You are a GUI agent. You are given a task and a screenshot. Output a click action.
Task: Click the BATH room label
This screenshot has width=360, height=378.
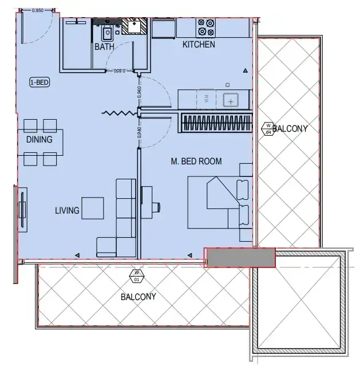[x=104, y=47]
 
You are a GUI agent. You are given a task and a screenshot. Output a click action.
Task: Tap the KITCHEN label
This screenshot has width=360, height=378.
[x=199, y=45]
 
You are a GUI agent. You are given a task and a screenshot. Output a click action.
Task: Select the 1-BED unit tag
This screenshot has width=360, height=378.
[x=39, y=82]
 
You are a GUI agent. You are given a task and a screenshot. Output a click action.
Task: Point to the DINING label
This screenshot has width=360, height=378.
[x=39, y=139]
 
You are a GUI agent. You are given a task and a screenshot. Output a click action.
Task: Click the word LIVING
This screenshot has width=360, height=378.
[x=67, y=211]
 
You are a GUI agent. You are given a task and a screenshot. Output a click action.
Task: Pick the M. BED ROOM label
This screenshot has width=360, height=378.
[x=196, y=162]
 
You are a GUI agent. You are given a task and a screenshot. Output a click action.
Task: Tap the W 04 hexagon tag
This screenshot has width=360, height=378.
[x=267, y=128]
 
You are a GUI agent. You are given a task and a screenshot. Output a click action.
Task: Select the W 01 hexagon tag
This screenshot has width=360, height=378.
[x=137, y=276]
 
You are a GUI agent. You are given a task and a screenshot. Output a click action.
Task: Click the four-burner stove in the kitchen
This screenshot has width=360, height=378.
[x=206, y=27]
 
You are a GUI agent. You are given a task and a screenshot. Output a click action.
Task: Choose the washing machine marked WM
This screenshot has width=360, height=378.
[x=206, y=99]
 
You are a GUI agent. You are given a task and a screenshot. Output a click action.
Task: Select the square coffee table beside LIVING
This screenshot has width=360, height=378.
[x=92, y=208]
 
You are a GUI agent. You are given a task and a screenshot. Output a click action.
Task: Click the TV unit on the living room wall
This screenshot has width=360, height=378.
[x=22, y=209]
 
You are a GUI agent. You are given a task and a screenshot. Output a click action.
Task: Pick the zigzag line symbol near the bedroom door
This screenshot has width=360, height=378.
[x=118, y=113]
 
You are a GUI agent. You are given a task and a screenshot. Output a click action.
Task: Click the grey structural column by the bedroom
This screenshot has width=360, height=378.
[x=240, y=258]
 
